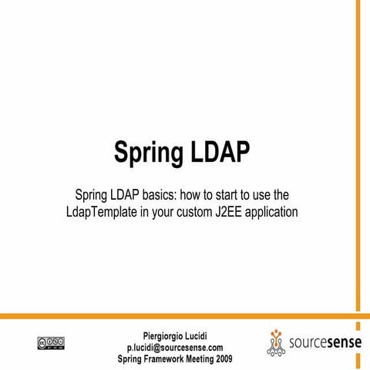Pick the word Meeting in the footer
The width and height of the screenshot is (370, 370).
[217, 358]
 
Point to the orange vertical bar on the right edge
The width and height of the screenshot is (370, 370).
[358, 154]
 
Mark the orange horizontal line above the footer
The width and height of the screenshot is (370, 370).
[177, 316]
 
